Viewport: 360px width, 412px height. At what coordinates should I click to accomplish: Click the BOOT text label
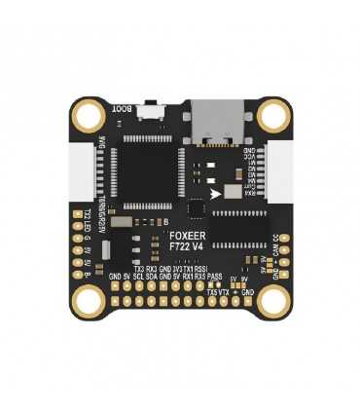click(x=123, y=110)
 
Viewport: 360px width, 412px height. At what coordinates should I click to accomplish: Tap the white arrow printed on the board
click(x=215, y=193)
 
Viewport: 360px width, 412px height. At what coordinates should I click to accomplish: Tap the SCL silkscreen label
click(x=139, y=277)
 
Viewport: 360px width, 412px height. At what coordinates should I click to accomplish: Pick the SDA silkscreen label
click(x=153, y=277)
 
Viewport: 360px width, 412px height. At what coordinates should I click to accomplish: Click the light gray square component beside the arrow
click(x=233, y=192)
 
